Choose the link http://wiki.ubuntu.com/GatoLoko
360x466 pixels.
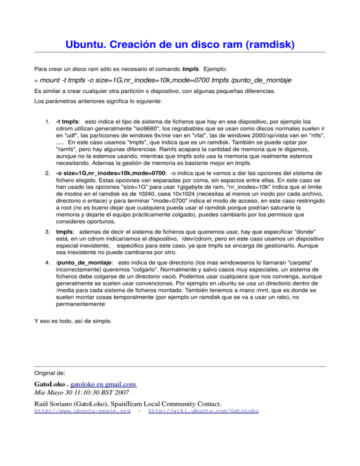pos(203,411)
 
